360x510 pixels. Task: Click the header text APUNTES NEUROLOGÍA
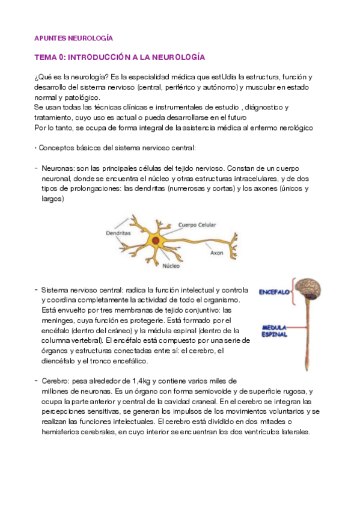pyautogui.click(x=73, y=37)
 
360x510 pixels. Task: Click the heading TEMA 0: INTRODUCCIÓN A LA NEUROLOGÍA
pyautogui.click(x=120, y=57)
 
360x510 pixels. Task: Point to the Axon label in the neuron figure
pyautogui.click(x=216, y=253)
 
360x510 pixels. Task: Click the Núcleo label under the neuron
pyautogui.click(x=171, y=265)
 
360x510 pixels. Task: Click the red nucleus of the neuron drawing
pyautogui.click(x=156, y=241)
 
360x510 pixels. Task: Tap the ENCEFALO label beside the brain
pyautogui.click(x=275, y=292)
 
